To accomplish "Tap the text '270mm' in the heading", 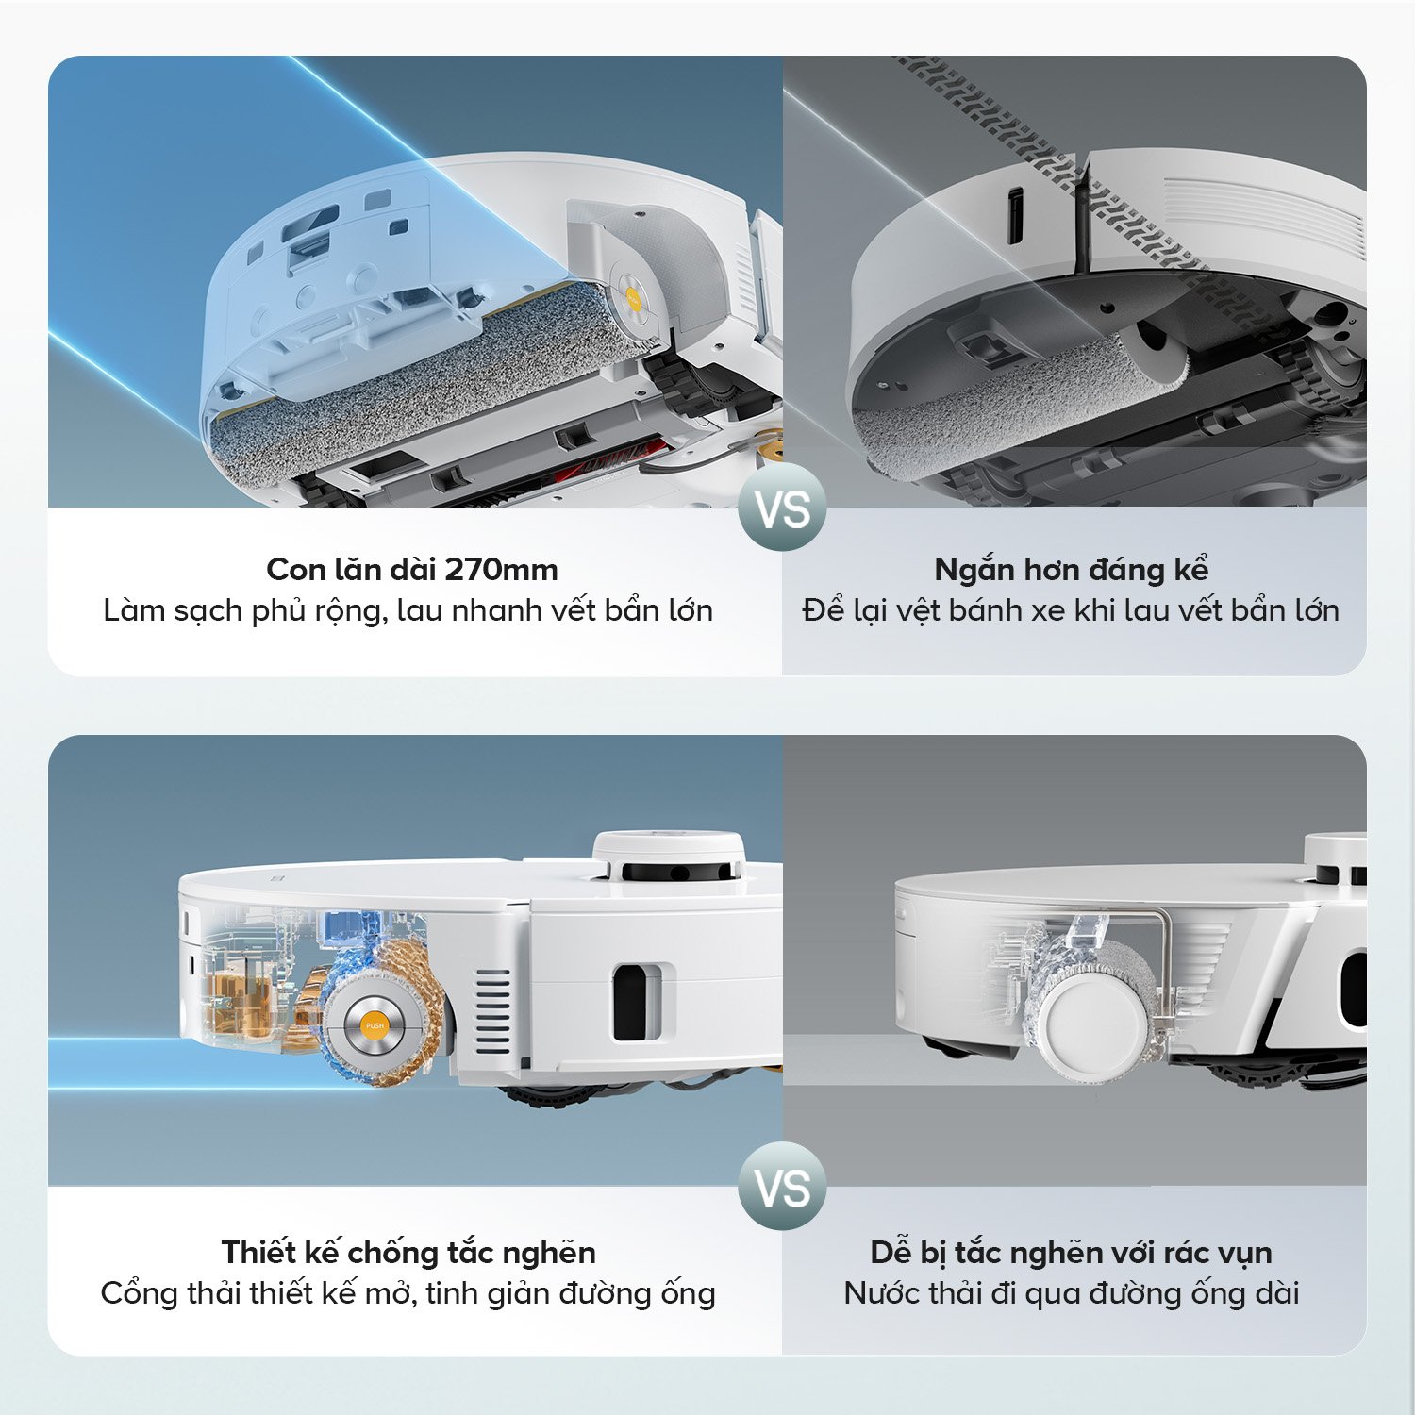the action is (x=501, y=569).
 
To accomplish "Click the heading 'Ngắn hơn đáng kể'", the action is (x=1071, y=569).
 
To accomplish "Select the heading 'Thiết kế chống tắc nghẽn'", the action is (x=408, y=1252).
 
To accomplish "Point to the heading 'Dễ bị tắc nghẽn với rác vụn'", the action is (x=1071, y=1252).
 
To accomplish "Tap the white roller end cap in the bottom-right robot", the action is (x=1097, y=1024).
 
